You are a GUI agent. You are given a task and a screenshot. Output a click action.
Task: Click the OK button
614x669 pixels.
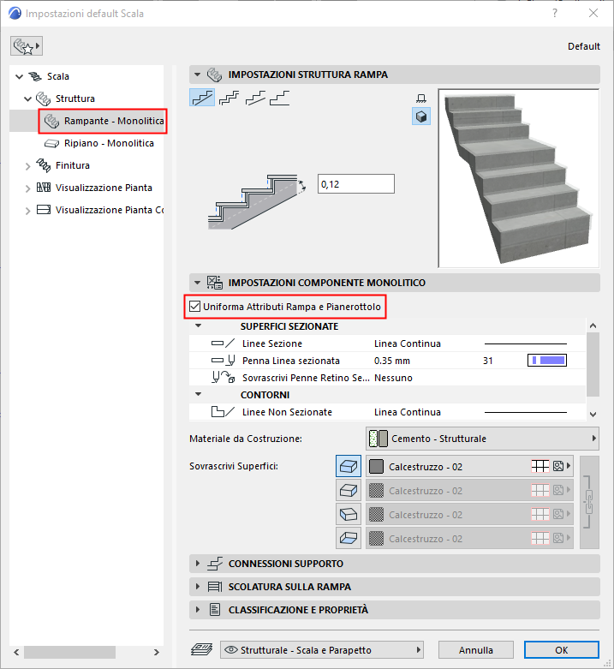click(561, 650)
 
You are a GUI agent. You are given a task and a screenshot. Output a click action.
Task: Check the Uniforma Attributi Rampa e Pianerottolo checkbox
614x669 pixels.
click(195, 307)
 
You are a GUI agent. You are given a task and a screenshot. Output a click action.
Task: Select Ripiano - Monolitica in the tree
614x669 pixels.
click(109, 143)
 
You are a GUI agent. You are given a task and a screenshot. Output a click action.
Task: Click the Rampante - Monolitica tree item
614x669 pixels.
click(113, 121)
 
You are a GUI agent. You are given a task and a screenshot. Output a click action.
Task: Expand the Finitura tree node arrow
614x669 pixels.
click(27, 166)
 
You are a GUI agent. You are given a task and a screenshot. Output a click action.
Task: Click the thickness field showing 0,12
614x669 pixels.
click(356, 184)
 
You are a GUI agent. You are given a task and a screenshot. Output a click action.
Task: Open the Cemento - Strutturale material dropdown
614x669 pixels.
click(482, 439)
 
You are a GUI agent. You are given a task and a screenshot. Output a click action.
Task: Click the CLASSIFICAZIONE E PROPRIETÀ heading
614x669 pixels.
click(298, 610)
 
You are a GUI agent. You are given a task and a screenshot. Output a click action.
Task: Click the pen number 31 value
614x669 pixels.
click(488, 361)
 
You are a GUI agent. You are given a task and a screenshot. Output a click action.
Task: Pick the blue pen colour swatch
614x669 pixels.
click(547, 361)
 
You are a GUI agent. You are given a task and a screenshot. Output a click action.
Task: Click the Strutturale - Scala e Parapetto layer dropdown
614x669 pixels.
click(322, 650)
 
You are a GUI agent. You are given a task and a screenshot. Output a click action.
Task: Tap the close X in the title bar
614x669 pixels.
click(593, 13)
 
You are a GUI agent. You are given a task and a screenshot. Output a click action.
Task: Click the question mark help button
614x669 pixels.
click(555, 13)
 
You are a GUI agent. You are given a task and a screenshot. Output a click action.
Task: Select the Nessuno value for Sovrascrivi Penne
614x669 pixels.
click(393, 378)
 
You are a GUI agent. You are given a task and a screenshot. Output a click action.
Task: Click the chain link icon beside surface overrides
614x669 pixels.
click(589, 502)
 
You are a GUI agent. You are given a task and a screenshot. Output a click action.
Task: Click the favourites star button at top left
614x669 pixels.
click(27, 46)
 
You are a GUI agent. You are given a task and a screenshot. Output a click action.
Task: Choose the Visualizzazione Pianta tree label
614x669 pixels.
click(104, 188)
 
